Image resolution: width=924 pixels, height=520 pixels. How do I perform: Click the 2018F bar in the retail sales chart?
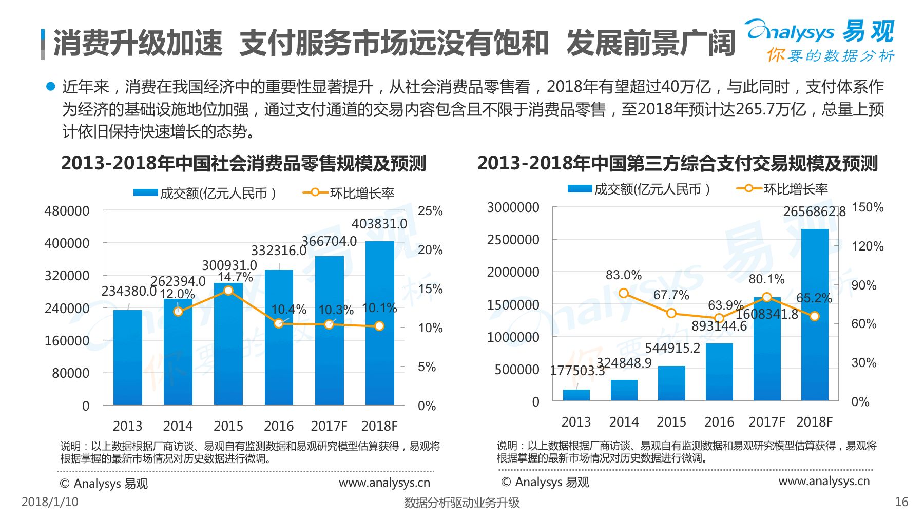(379, 323)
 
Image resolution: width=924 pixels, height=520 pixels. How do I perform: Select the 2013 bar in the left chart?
(128, 357)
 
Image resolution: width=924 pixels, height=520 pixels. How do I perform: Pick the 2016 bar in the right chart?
(719, 372)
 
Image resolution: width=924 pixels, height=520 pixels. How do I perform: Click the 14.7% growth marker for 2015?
(228, 291)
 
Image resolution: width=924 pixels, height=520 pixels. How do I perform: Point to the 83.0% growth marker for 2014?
(624, 293)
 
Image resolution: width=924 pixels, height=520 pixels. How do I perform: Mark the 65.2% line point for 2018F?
(815, 316)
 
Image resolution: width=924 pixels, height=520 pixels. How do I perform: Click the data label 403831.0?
(379, 224)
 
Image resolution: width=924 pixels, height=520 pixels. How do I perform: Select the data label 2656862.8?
(814, 211)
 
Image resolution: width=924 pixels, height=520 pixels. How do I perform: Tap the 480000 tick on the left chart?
(67, 211)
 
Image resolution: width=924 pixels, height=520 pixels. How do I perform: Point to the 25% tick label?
(430, 211)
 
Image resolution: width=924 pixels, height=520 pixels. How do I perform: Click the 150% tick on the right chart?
(868, 207)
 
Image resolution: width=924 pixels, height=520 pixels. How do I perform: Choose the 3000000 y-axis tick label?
(513, 207)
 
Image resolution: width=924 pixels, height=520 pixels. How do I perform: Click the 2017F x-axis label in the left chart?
(329, 426)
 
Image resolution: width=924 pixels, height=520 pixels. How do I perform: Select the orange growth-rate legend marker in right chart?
(749, 188)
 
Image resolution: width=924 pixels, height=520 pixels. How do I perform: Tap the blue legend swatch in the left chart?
(145, 192)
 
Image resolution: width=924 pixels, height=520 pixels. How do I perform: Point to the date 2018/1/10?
(50, 502)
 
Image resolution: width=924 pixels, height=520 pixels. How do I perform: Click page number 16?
(901, 502)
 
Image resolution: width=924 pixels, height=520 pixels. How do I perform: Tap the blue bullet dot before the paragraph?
(50, 86)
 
